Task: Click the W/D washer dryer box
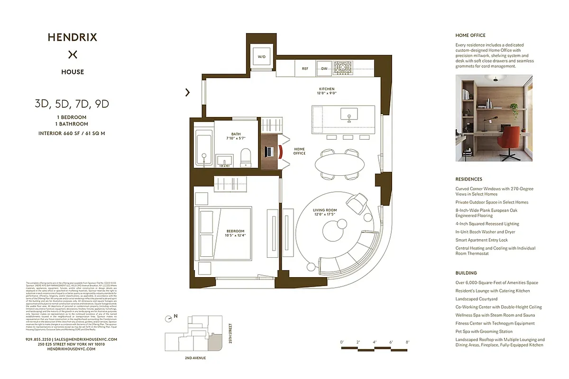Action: pos(262,57)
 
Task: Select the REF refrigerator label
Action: pos(305,69)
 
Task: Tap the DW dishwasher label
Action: pos(324,69)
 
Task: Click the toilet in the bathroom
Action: pos(246,157)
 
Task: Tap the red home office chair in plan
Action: pos(280,152)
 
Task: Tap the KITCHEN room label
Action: pos(326,89)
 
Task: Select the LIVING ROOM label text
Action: pos(325,210)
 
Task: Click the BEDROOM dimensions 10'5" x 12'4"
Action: pos(235,235)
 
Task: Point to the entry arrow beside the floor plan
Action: pos(188,92)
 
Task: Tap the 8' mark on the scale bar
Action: pos(407,342)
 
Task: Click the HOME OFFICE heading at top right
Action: pos(470,36)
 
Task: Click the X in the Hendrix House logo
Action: pos(73,54)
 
